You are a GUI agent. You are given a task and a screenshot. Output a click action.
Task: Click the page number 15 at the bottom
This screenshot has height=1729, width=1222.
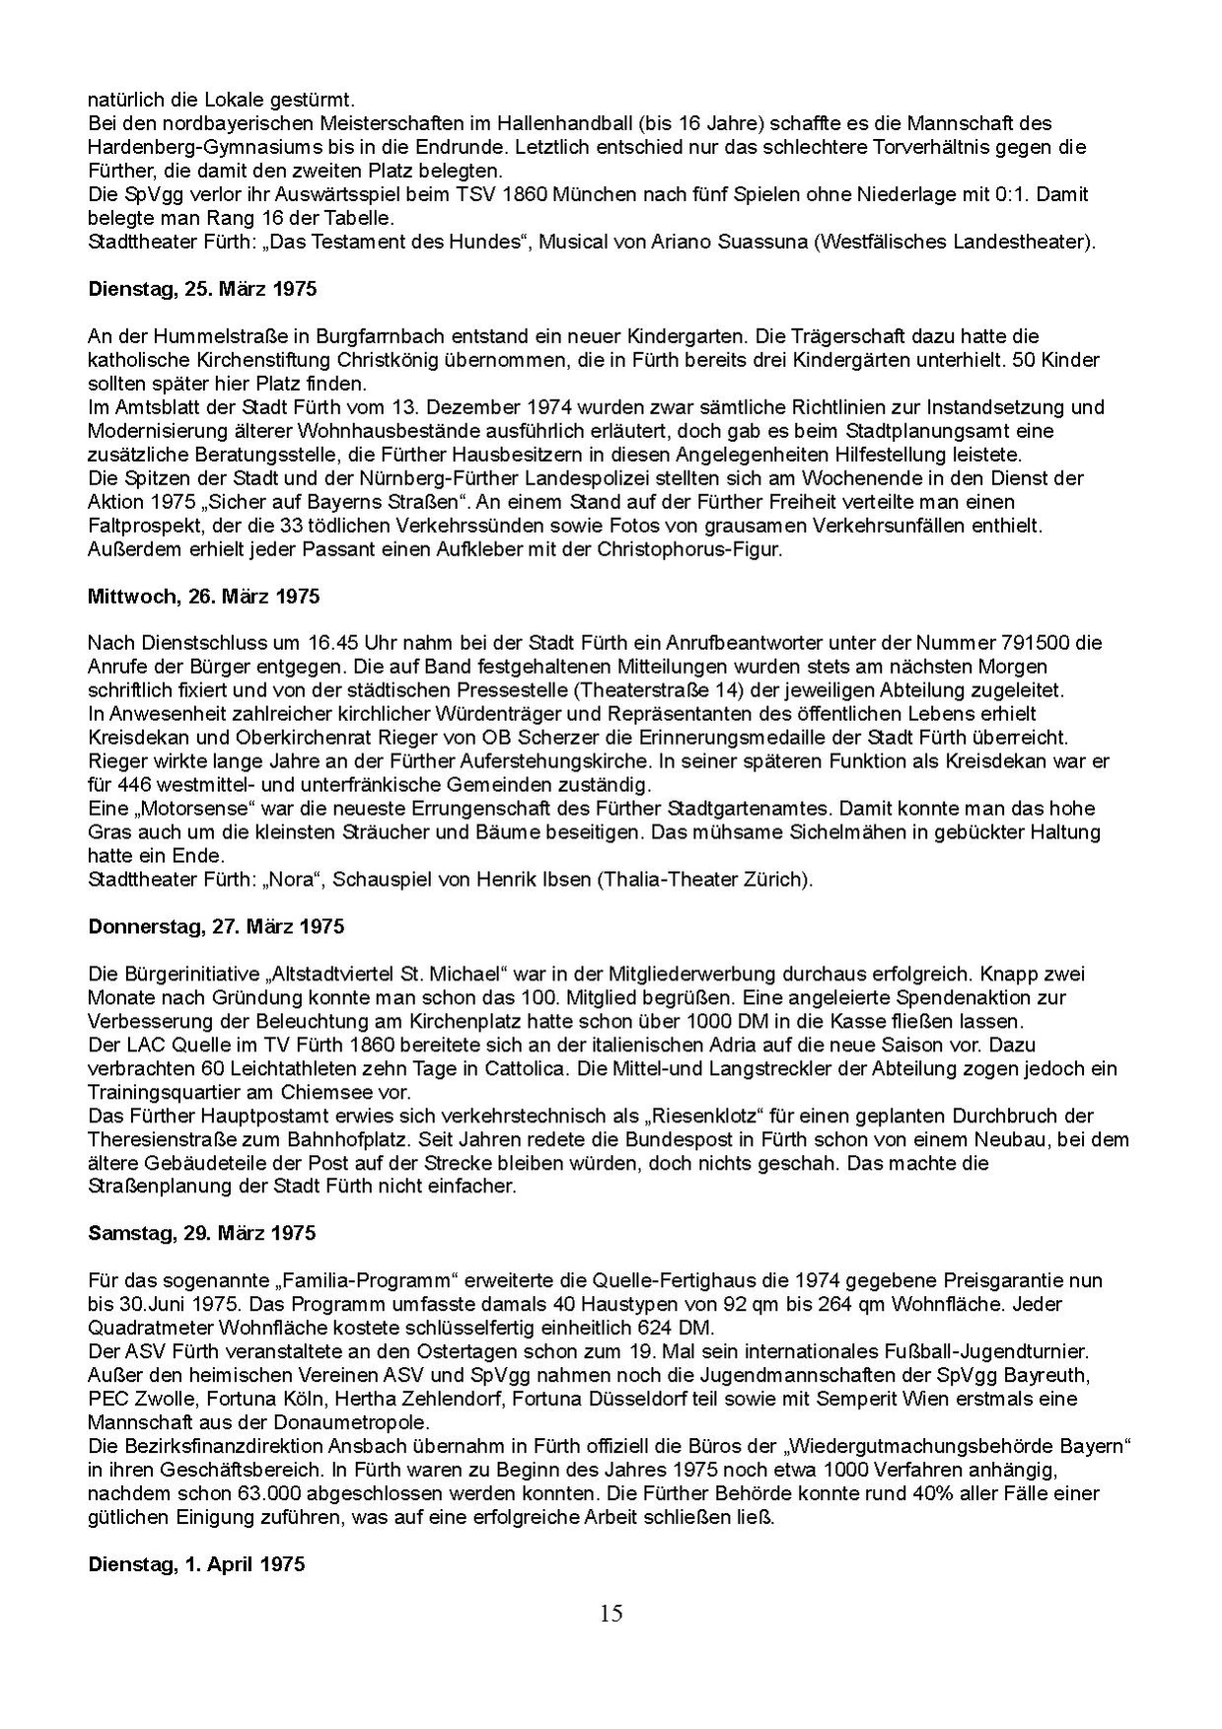[611, 1614]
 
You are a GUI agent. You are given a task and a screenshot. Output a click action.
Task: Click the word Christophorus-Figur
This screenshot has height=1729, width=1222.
[688, 549]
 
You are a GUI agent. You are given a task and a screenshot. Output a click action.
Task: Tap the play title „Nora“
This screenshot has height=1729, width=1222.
[297, 880]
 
